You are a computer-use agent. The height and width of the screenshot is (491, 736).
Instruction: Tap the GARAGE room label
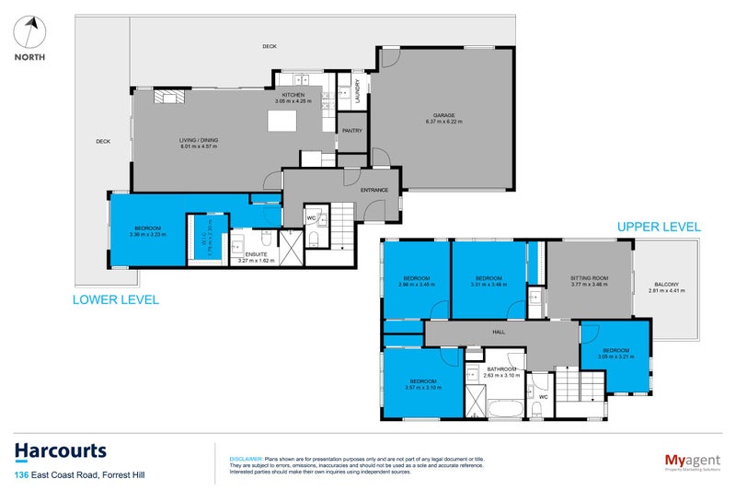pos(440,116)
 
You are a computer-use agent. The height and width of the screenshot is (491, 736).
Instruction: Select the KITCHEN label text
pos(293,95)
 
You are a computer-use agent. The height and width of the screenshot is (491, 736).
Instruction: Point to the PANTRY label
pos(352,130)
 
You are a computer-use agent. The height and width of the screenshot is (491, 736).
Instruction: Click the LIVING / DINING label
pos(198,140)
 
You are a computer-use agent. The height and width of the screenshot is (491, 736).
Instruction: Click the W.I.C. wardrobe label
pos(210,238)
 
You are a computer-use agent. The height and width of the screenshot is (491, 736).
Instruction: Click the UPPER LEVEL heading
pos(658,226)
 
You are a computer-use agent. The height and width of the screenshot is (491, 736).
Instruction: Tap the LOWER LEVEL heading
pos(115,299)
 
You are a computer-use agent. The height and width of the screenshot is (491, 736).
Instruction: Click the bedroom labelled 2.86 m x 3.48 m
pos(417,281)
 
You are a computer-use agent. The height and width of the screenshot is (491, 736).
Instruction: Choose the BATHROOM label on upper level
pos(502,370)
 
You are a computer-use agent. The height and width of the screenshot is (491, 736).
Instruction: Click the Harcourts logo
pos(61,451)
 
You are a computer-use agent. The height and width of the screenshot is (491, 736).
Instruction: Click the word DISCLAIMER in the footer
pos(246,457)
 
